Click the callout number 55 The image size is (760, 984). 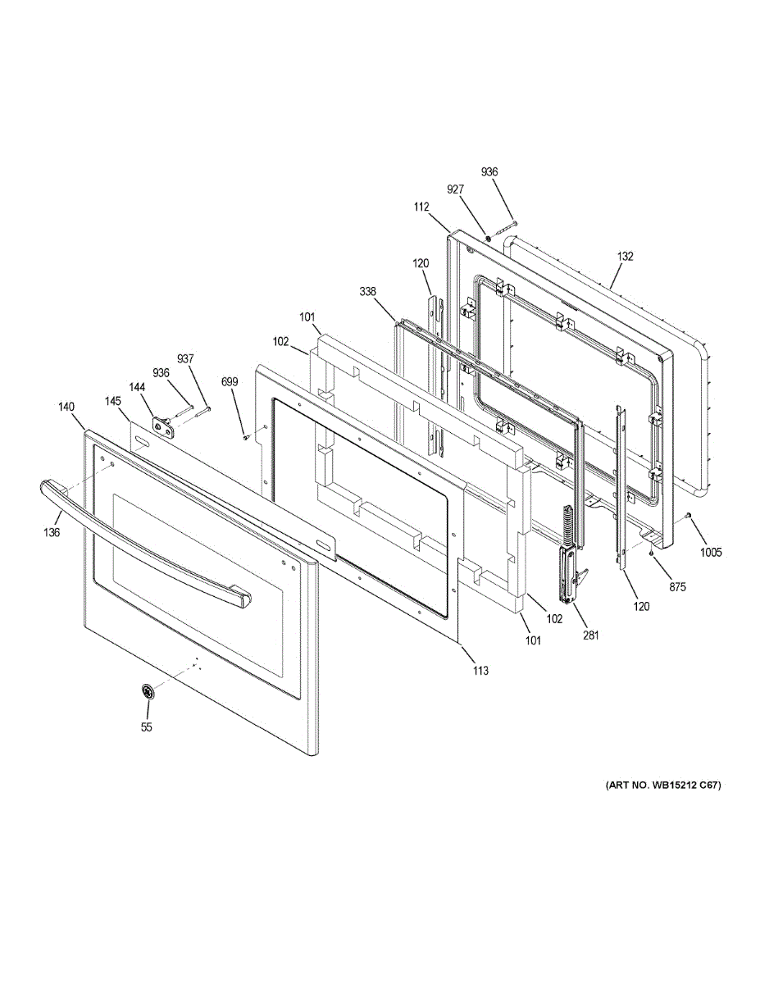[x=147, y=727]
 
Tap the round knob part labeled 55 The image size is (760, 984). [x=148, y=693]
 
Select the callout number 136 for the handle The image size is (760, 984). [x=51, y=532]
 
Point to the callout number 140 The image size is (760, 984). [x=66, y=406]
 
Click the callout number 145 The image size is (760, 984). [x=113, y=401]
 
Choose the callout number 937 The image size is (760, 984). [x=186, y=358]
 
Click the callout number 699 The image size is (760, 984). [x=230, y=381]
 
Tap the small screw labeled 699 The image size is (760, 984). [x=245, y=437]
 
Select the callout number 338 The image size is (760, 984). [x=367, y=291]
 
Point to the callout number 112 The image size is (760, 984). [x=421, y=207]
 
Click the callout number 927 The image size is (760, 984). [x=456, y=189]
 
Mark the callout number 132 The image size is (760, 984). [x=626, y=256]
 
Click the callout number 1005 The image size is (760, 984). [x=711, y=552]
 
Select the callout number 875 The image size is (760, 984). [x=676, y=586]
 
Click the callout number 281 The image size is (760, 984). [x=591, y=635]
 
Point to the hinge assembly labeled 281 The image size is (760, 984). [x=567, y=566]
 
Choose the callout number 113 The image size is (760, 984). [x=480, y=670]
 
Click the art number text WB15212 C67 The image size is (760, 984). [x=663, y=786]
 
